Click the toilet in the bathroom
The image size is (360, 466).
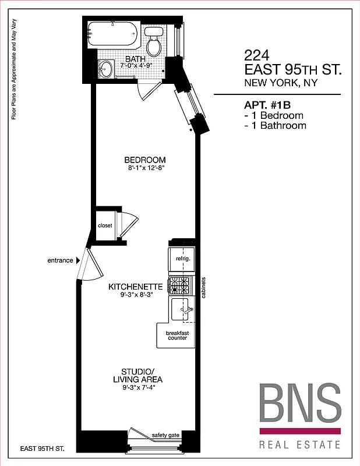click(154, 43)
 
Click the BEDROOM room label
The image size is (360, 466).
click(145, 160)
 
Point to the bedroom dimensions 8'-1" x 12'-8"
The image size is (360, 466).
click(145, 168)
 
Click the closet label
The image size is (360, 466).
click(105, 225)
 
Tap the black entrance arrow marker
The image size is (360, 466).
click(78, 260)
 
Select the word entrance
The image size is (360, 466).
click(60, 260)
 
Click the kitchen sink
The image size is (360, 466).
click(185, 309)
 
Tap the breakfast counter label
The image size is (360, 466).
click(177, 335)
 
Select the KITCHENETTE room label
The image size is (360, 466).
click(135, 287)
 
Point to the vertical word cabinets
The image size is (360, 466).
click(203, 287)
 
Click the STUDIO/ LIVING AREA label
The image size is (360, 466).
click(137, 376)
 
